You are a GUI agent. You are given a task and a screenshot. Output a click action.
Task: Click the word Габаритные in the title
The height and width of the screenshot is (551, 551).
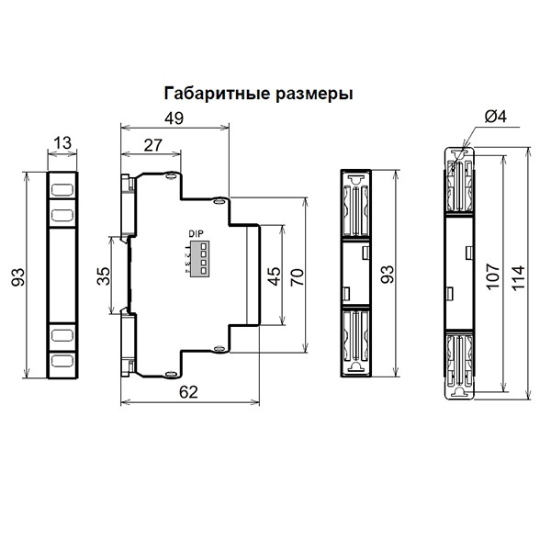point(217,94)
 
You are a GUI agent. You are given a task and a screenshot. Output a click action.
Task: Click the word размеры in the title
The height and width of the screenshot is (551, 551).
point(314,95)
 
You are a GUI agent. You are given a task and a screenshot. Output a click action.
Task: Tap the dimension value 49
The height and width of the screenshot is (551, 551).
point(174,118)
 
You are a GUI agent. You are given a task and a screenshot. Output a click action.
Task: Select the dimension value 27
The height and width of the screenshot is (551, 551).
point(152,145)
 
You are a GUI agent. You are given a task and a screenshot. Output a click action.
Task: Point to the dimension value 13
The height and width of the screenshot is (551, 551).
point(62,142)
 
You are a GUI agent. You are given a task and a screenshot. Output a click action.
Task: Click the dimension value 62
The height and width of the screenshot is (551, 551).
point(188,392)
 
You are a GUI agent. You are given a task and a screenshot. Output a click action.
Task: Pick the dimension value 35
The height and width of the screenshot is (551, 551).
point(103,275)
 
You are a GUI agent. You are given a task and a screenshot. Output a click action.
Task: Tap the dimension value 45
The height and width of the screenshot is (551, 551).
point(274,275)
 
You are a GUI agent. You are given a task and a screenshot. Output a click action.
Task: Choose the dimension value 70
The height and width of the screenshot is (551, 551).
point(297,276)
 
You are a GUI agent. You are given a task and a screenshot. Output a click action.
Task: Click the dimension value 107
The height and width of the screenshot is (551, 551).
point(493,275)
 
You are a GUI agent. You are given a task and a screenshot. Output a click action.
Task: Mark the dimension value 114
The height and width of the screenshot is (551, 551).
point(518,277)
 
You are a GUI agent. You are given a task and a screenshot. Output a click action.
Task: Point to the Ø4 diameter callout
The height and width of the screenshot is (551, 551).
point(496,117)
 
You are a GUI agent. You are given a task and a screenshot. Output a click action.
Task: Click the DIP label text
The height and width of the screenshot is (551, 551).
point(196,233)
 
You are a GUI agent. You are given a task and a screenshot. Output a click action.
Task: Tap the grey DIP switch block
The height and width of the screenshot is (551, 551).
point(200,258)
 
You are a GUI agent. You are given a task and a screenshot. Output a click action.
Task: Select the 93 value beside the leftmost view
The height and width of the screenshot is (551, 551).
point(18,276)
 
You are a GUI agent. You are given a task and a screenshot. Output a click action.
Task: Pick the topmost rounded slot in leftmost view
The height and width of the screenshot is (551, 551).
point(62,190)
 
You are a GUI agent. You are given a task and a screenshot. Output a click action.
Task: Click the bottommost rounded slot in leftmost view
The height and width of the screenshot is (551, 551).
point(62,361)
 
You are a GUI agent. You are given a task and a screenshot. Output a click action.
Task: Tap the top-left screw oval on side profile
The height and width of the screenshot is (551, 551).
point(171,174)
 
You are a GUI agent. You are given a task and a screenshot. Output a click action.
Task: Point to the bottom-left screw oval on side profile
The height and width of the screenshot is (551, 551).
point(171,375)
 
